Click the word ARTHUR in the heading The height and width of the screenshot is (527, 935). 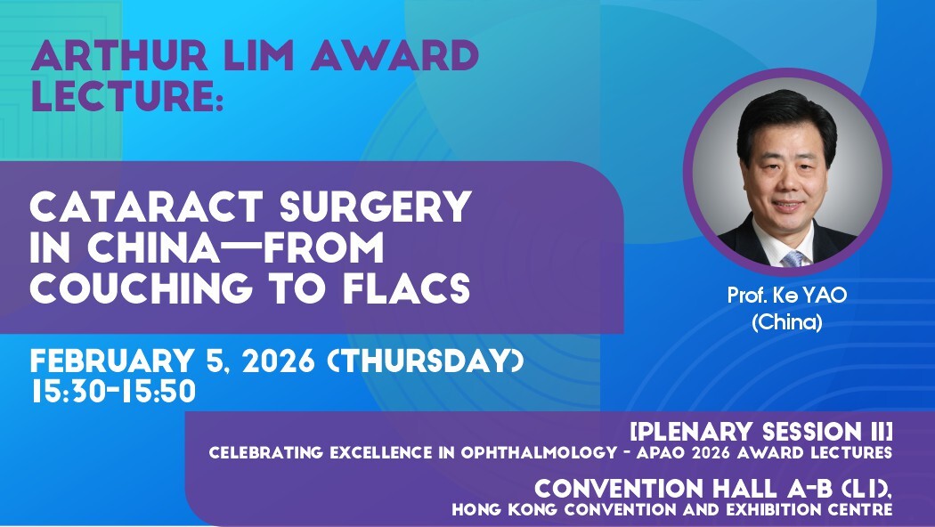click(x=119, y=55)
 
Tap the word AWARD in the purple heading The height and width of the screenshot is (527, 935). click(x=394, y=55)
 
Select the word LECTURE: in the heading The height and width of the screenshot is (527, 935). click(x=127, y=96)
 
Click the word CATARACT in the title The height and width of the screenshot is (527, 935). click(x=145, y=207)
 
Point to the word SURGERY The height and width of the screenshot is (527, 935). click(x=375, y=207)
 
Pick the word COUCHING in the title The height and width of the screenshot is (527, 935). click(x=141, y=287)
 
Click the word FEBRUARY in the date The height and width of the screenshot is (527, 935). click(x=112, y=361)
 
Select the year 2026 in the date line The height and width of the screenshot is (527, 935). click(x=279, y=361)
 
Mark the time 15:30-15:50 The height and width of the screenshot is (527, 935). click(x=114, y=391)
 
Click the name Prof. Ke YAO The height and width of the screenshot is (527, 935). click(x=787, y=295)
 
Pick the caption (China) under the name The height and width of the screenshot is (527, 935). click(x=787, y=322)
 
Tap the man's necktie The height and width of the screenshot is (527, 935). click(x=793, y=259)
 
